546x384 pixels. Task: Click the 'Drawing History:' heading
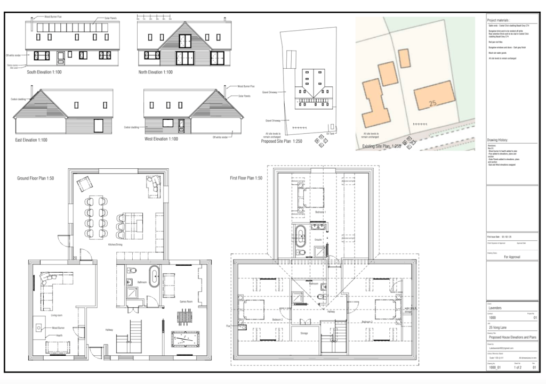[x=499, y=140]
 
